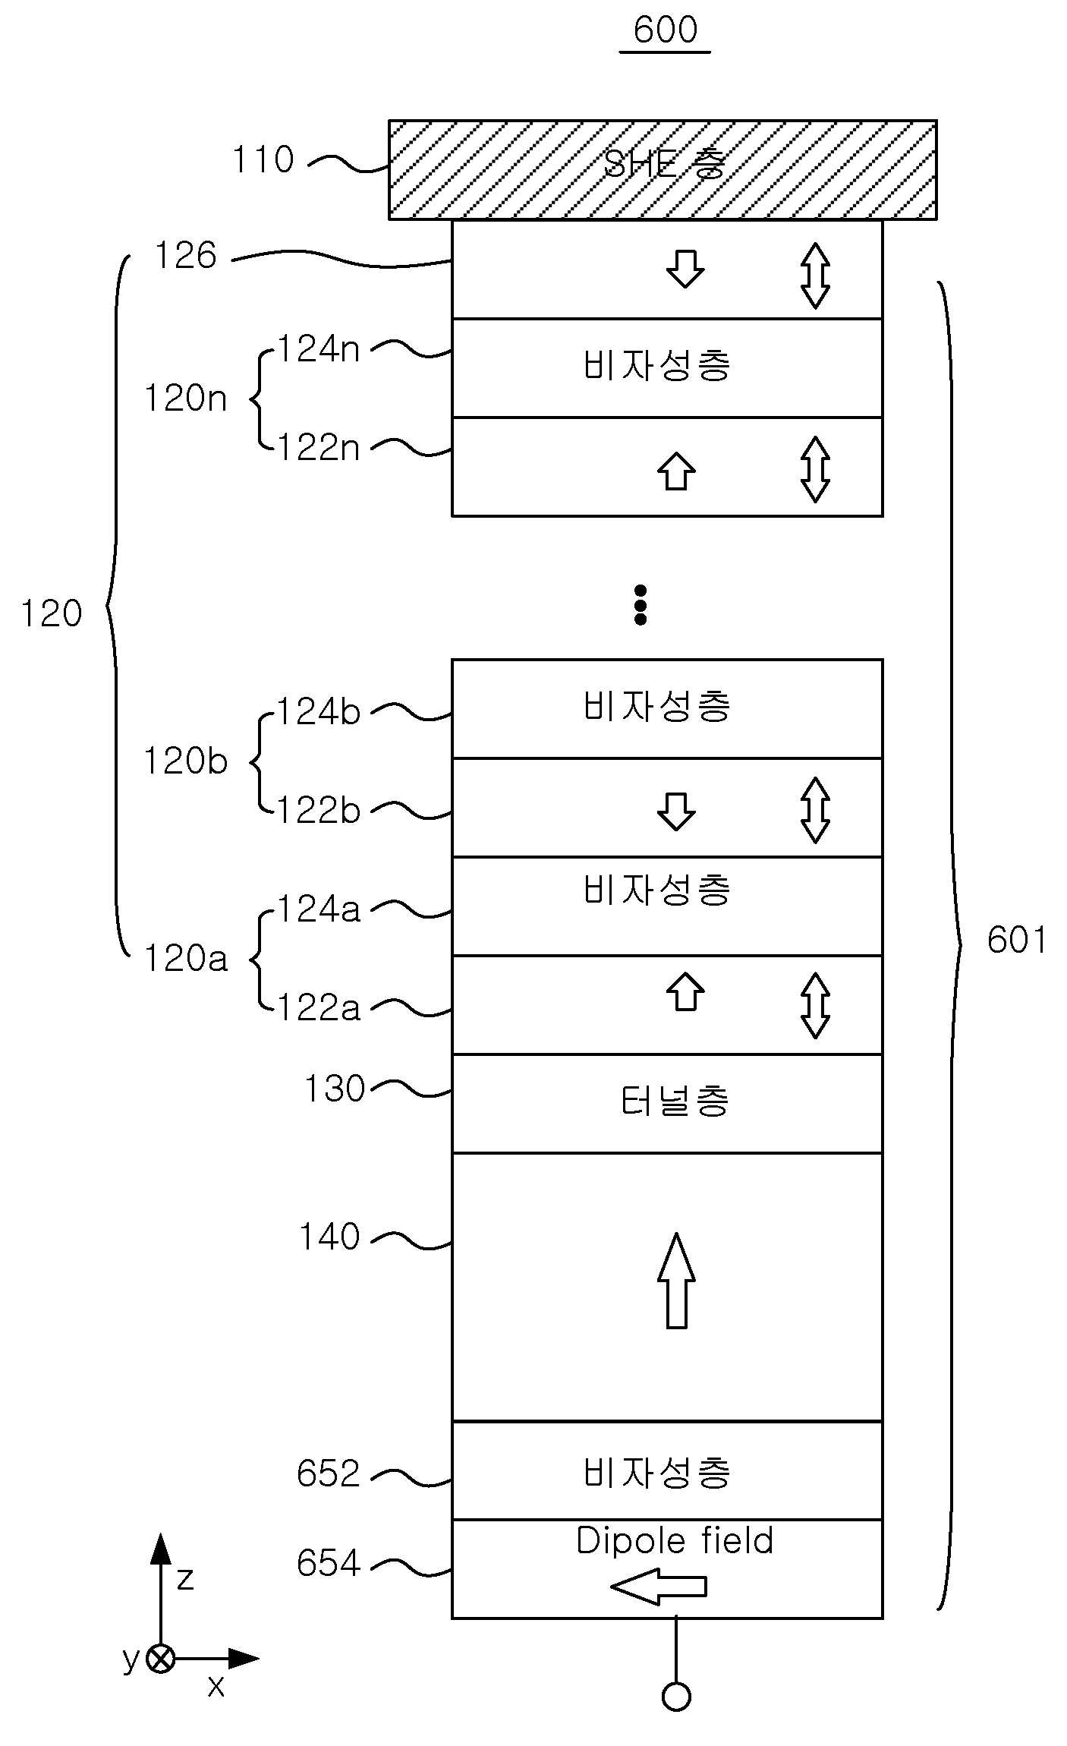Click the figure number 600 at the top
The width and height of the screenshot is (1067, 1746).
click(x=665, y=30)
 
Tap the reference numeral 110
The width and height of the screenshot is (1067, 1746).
click(x=263, y=160)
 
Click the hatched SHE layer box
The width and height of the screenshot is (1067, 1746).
click(x=663, y=170)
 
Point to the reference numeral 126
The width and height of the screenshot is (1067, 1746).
click(x=186, y=256)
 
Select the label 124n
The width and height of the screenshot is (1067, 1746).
click(x=318, y=349)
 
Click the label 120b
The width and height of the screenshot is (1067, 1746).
click(x=185, y=761)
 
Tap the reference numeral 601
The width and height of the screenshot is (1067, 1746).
click(x=1017, y=940)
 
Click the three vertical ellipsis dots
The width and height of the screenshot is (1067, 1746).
click(x=641, y=605)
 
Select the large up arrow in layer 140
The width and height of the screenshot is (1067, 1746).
click(x=676, y=1281)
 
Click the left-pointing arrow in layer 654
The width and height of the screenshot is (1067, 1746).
click(x=659, y=1587)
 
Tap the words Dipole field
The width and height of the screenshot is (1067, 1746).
click(x=675, y=1541)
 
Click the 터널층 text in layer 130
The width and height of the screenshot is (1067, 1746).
click(x=675, y=1101)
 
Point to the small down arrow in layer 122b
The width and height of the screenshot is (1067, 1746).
click(x=676, y=812)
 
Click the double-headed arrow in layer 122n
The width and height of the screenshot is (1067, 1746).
click(x=815, y=469)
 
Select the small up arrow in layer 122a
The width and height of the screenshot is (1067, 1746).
click(x=685, y=991)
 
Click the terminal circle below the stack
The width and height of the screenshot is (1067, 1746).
click(x=676, y=1697)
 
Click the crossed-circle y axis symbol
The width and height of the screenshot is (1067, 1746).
click(x=160, y=1659)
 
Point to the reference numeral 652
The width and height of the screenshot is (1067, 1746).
click(x=328, y=1474)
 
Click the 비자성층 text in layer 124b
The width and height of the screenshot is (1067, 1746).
click(x=656, y=706)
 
